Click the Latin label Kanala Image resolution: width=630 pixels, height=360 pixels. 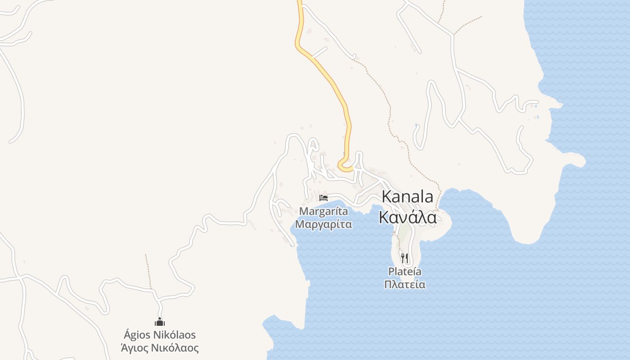pyautogui.click(x=407, y=197)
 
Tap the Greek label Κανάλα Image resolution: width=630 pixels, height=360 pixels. pyautogui.click(x=407, y=217)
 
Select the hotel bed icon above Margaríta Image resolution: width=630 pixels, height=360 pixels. pyautogui.click(x=324, y=198)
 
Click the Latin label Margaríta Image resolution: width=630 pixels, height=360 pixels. pyautogui.click(x=324, y=211)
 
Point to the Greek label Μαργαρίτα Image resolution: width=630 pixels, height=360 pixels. pyautogui.click(x=324, y=224)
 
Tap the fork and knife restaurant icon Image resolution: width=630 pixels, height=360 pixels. pyautogui.click(x=405, y=258)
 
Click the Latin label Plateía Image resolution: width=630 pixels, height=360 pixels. pyautogui.click(x=405, y=272)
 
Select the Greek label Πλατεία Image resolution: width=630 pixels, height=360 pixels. pyautogui.click(x=405, y=284)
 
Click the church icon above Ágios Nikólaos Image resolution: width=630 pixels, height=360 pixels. pyautogui.click(x=160, y=322)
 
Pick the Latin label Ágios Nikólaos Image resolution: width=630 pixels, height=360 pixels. pyautogui.click(x=160, y=335)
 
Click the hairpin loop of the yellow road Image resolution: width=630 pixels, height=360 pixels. pyautogui.click(x=344, y=166)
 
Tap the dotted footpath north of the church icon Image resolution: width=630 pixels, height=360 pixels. pyautogui.click(x=148, y=270)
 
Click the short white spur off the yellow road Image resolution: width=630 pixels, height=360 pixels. pyautogui.click(x=319, y=53)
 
